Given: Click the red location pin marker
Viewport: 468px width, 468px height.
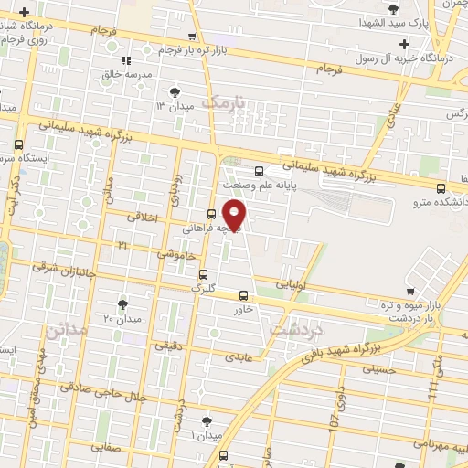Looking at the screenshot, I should pos(235,216).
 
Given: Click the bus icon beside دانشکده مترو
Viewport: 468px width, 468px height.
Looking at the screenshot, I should pos(441,188).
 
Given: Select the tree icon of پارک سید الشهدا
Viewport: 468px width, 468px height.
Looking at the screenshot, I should pos(393,9).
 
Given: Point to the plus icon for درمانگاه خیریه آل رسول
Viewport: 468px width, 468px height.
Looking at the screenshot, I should pos(405,44).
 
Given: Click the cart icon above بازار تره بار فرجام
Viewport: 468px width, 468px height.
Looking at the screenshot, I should pos(191,37).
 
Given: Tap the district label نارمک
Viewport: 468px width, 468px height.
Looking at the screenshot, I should pos(225,106).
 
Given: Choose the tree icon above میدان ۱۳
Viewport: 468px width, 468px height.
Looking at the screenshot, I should pos(174,91).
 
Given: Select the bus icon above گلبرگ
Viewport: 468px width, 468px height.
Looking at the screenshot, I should pos(203,273).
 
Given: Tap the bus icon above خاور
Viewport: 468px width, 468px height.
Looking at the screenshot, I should pos(242,295).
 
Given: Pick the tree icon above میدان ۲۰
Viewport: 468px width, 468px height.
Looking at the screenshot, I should pos(123,304).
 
